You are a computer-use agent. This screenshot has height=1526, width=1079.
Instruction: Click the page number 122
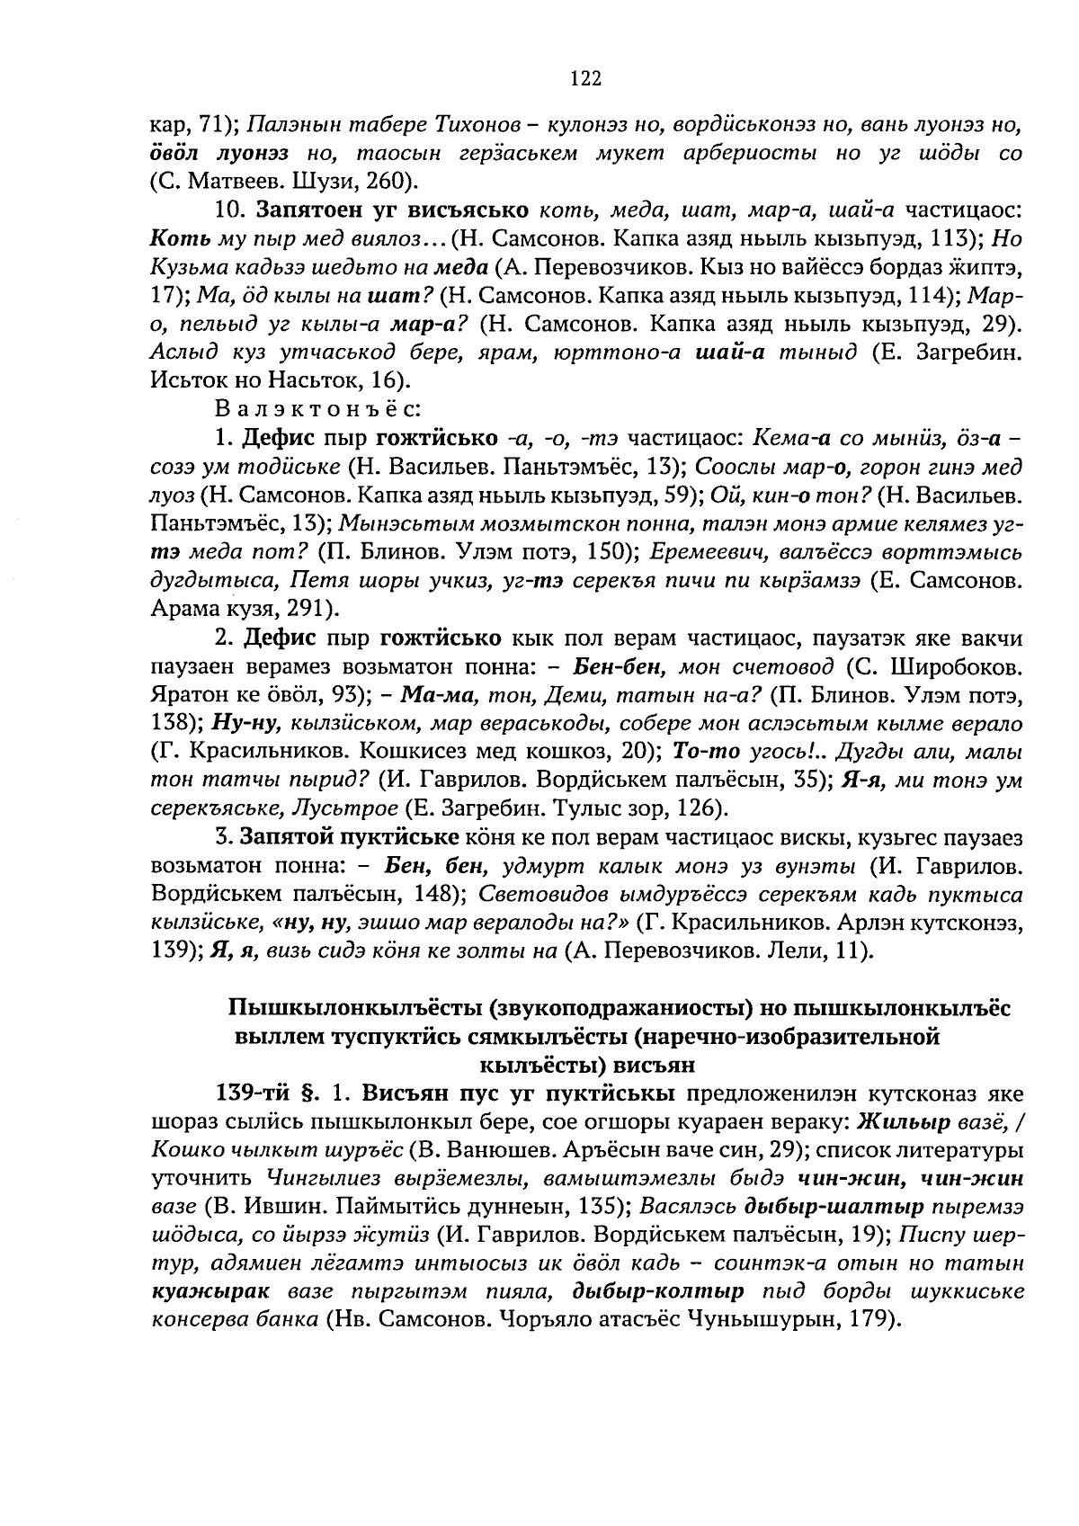[x=584, y=79]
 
